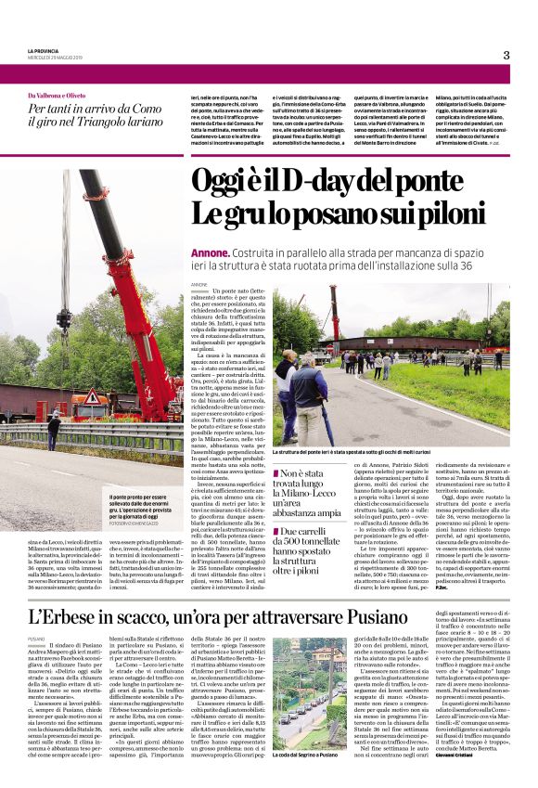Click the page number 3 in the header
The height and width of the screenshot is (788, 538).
pos(506,55)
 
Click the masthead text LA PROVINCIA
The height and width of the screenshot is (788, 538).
pos(43,50)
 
